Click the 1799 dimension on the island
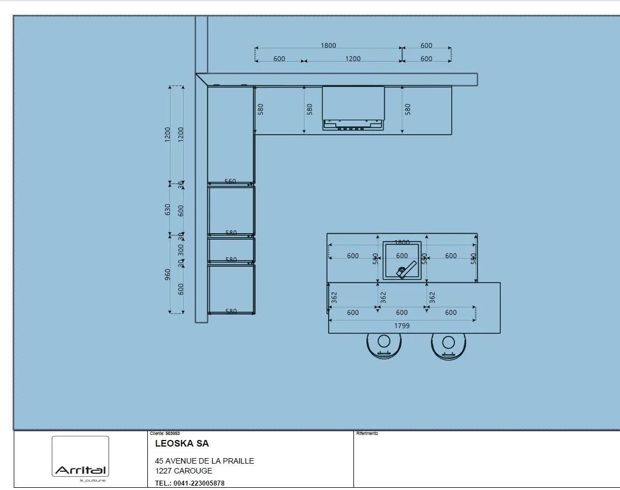tap(402, 326)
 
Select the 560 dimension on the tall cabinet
tap(230, 181)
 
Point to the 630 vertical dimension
tap(168, 210)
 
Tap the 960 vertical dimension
tap(168, 274)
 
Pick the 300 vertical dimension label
tap(181, 250)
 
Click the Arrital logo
tap(80, 471)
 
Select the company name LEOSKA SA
tap(182, 444)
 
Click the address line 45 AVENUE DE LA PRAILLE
tap(204, 461)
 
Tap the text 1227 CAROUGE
tap(184, 471)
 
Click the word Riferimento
tap(367, 434)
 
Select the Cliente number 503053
tap(172, 434)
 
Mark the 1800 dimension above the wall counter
tap(328, 46)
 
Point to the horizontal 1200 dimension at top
tap(353, 59)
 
